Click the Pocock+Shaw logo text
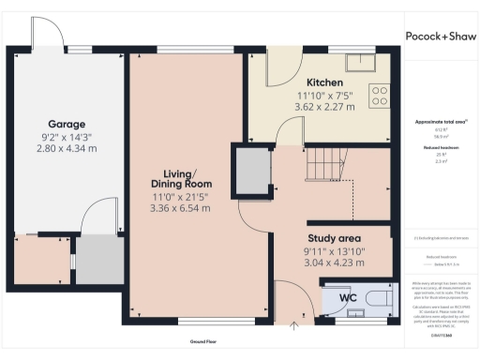point(441,36)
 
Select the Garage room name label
point(67,124)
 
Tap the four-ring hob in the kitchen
point(380,96)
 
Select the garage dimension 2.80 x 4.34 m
point(67,148)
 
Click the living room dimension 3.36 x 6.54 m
point(179,208)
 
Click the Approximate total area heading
point(441,123)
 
